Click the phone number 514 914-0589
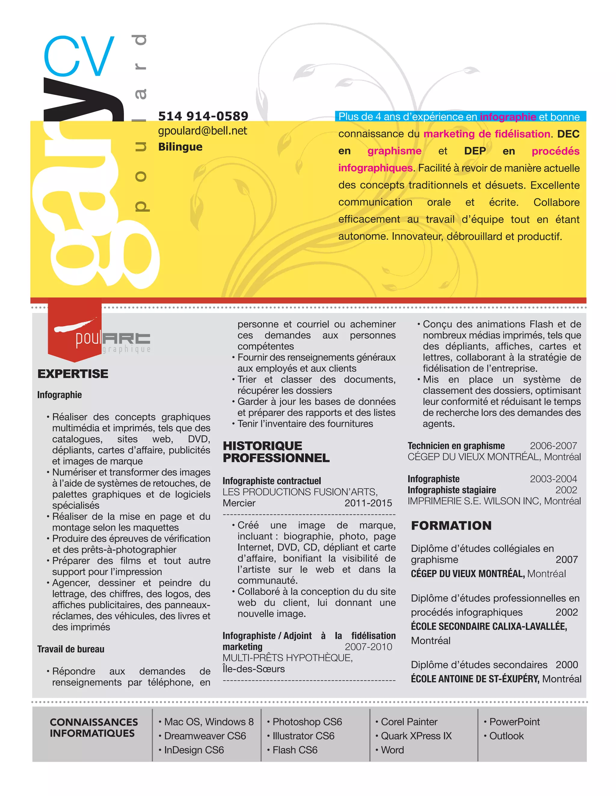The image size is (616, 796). pyautogui.click(x=203, y=116)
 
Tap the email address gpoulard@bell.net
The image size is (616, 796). pyautogui.click(x=202, y=131)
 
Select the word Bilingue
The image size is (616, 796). pyautogui.click(x=180, y=147)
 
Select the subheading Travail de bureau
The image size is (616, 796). pyautogui.click(x=71, y=649)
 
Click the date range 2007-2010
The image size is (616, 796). pyautogui.click(x=368, y=647)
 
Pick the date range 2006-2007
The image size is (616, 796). pyautogui.click(x=553, y=446)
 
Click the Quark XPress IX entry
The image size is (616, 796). pyautogui.click(x=416, y=736)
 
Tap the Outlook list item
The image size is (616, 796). pyautogui.click(x=506, y=736)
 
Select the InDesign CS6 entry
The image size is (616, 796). pyautogui.click(x=194, y=750)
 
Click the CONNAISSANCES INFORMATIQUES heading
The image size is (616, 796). pyautogui.click(x=94, y=728)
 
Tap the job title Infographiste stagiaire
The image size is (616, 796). pyautogui.click(x=451, y=490)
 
